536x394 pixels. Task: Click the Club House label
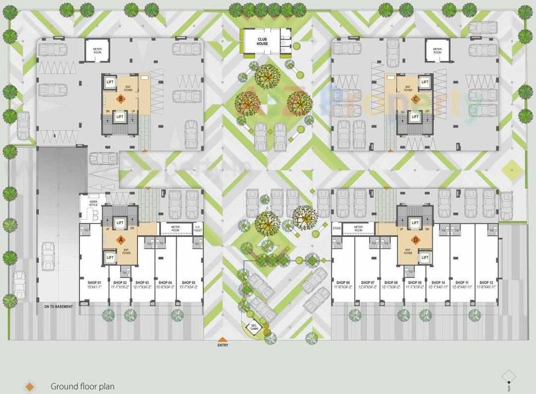[x=263, y=41]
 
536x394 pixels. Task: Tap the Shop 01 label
[x=94, y=282]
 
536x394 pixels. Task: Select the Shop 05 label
[x=189, y=282]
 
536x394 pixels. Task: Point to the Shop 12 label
[x=486, y=282]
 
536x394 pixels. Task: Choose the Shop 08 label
[x=391, y=282]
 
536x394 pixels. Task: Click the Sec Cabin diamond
[x=254, y=327]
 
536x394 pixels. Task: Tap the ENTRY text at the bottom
[x=223, y=345]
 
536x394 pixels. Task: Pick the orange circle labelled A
[x=119, y=239]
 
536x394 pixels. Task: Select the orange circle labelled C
[x=415, y=99]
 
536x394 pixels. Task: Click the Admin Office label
[x=93, y=203]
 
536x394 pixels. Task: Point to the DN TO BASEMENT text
[x=59, y=307]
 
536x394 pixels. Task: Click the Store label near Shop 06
[x=337, y=228]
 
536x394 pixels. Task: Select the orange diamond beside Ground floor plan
[x=30, y=387]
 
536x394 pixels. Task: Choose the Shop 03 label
[x=142, y=282]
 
